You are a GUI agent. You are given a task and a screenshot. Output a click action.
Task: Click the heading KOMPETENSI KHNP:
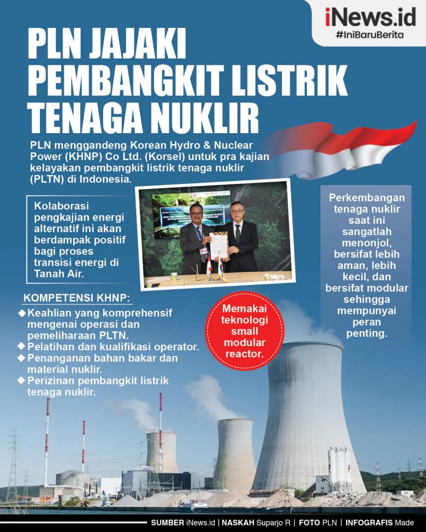coord(77,299)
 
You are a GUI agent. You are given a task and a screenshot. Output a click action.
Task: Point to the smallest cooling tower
coord(161,452)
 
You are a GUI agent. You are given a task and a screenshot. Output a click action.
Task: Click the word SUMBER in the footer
coord(167,523)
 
